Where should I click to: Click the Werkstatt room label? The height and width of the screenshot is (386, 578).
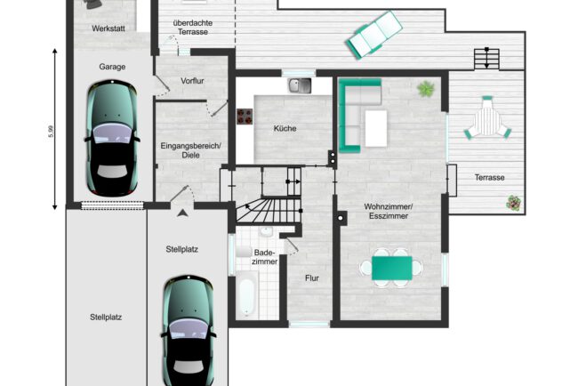pos(108,28)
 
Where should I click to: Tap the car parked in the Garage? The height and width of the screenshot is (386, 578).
pos(112,138)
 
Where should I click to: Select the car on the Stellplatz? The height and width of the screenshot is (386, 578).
pos(189,330)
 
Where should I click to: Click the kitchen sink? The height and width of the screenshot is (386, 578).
pos(300,85)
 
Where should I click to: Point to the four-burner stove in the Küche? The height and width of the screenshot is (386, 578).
pos(245,117)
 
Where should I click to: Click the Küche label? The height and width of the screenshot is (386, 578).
pos(285,128)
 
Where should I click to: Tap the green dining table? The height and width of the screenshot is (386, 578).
pos(392,268)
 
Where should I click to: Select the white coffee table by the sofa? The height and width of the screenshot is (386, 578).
pos(376,128)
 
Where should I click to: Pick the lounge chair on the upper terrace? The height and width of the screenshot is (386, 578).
pos(374,35)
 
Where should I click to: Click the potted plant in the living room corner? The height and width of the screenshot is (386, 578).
pos(426,89)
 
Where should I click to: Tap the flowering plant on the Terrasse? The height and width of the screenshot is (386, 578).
pos(513,203)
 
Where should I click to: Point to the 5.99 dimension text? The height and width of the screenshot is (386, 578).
pos(52,132)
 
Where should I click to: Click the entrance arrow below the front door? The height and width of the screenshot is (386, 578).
pos(182,213)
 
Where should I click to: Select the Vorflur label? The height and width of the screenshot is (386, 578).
pos(192,81)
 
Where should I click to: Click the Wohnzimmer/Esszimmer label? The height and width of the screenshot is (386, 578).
pos(389,212)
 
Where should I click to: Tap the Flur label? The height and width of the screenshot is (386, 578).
pos(312,278)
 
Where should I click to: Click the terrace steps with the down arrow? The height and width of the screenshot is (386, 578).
pos(486,59)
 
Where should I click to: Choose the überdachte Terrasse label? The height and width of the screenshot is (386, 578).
pos(193,28)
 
